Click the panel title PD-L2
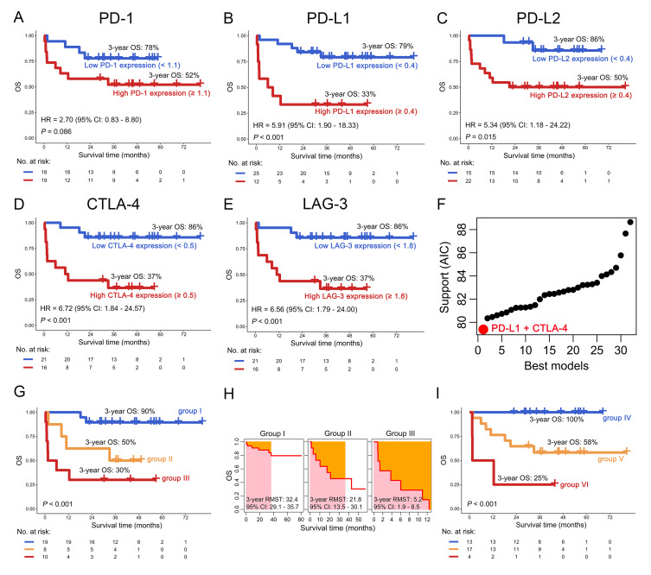coord(552,15)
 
